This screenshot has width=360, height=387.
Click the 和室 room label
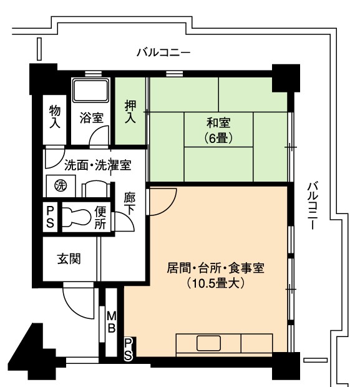[218, 123]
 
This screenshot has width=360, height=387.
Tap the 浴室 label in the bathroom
[91, 118]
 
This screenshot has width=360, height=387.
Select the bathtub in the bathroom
[91, 91]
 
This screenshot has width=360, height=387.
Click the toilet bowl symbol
[76, 217]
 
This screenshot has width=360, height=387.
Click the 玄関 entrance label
[69, 259]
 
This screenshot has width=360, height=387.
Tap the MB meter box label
[112, 322]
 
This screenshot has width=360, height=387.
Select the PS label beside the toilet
[50, 217]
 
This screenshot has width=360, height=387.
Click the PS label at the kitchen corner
[129, 350]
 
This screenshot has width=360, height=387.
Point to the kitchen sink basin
[208, 343]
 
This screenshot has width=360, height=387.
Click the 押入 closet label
[130, 112]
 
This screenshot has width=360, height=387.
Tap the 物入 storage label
[55, 117]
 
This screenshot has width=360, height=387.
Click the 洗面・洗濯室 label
[98, 165]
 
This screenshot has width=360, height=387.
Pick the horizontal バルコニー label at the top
[164, 52]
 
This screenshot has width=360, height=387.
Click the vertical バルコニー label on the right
[312, 205]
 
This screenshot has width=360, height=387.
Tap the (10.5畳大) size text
[215, 283]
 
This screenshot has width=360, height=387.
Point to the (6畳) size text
[218, 138]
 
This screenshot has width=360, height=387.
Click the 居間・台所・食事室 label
[215, 268]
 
